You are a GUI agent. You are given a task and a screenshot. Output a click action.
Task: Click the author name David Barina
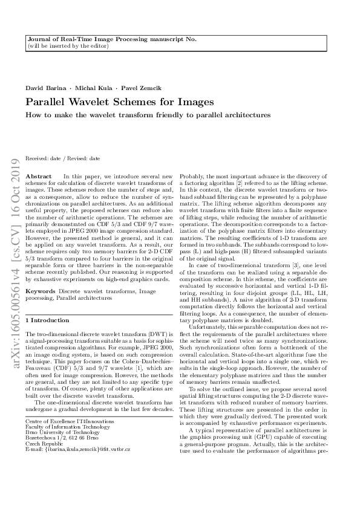tap(44, 88)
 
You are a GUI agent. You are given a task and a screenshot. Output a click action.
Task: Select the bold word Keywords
tap(40, 291)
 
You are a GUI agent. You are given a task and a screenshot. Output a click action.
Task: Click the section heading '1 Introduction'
tap(48, 320)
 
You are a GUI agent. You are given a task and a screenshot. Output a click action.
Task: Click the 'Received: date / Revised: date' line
tap(63, 158)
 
